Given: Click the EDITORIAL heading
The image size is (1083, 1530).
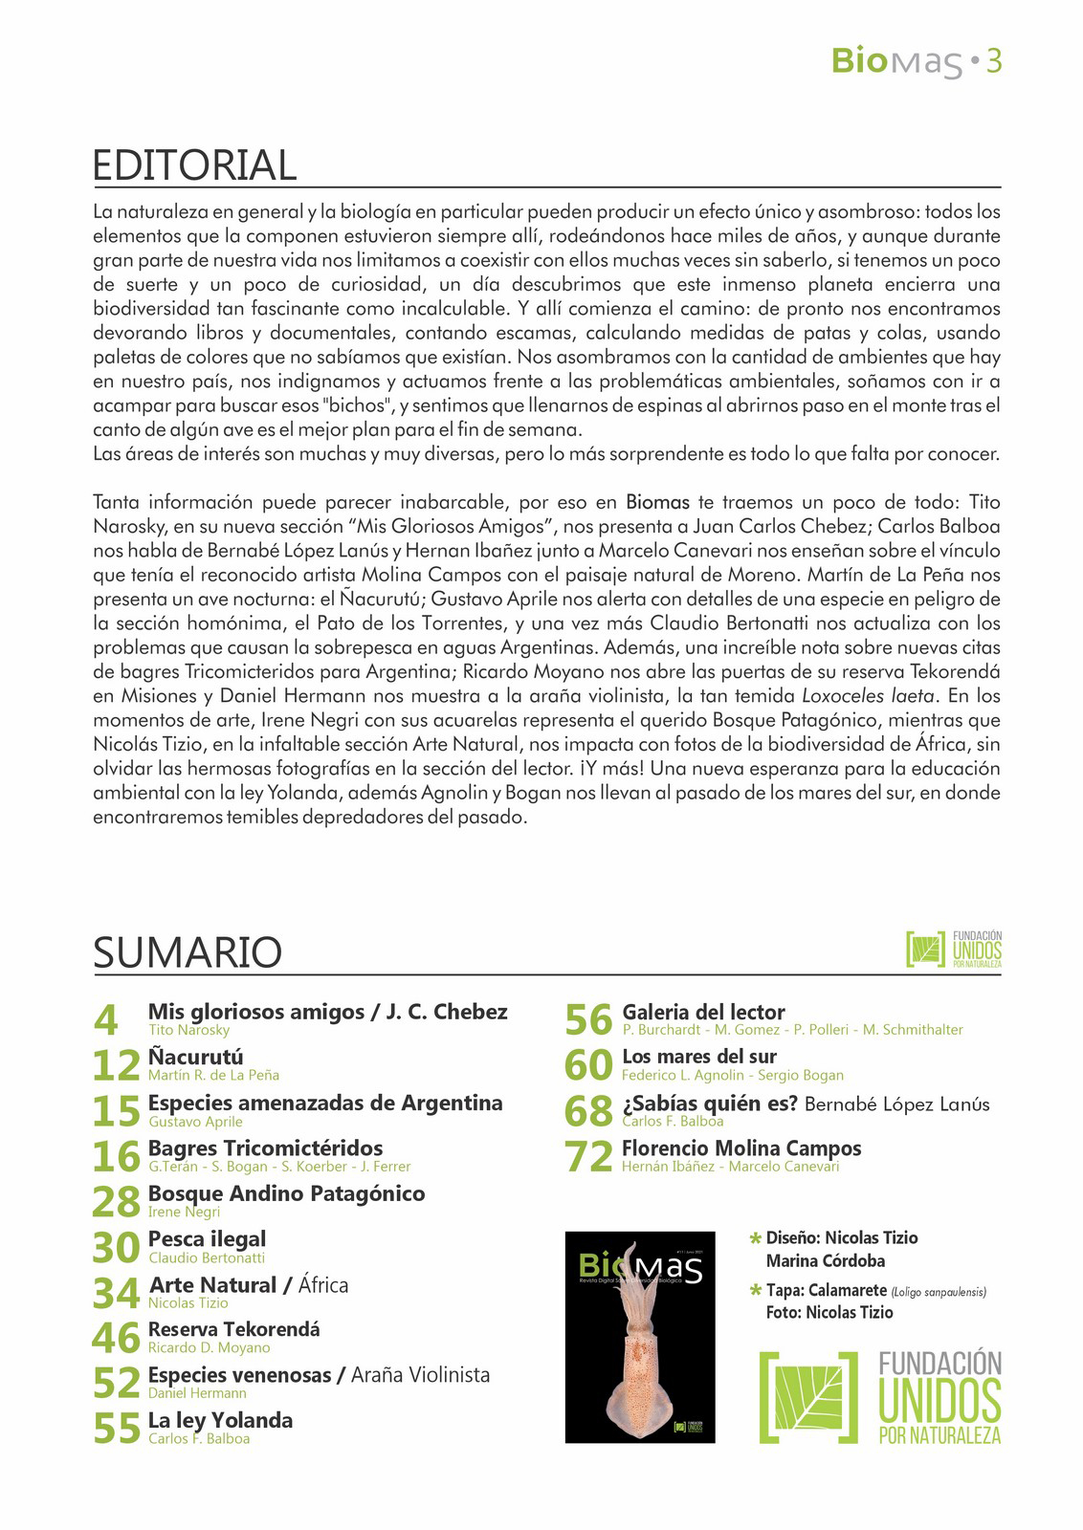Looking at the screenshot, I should [x=194, y=165].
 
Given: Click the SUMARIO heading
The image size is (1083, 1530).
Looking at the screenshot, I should [x=188, y=952].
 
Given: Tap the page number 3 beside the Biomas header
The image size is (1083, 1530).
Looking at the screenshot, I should [x=993, y=62].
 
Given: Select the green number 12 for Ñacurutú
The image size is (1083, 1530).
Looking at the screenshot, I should [x=117, y=1065].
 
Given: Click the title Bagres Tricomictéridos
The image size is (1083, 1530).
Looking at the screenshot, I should [x=265, y=1147].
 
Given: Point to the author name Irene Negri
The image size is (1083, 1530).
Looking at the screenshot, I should [x=184, y=1212].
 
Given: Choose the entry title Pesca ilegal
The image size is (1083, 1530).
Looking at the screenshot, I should [x=207, y=1239].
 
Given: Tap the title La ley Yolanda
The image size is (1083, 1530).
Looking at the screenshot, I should [x=220, y=1420].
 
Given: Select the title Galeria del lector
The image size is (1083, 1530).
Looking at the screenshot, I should [x=703, y=1012].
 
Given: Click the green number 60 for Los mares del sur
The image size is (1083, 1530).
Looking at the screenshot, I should [x=588, y=1065].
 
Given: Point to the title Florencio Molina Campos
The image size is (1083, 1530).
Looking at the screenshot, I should [x=741, y=1147].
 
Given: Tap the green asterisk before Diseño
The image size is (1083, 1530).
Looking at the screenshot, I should [x=756, y=1239].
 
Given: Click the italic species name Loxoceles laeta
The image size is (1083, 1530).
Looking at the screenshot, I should [x=854, y=695].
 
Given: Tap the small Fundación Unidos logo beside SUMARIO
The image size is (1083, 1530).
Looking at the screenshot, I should [x=953, y=949].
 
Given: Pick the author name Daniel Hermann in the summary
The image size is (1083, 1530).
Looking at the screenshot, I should [x=197, y=1393].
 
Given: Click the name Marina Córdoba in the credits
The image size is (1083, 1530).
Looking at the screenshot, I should [x=825, y=1260].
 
